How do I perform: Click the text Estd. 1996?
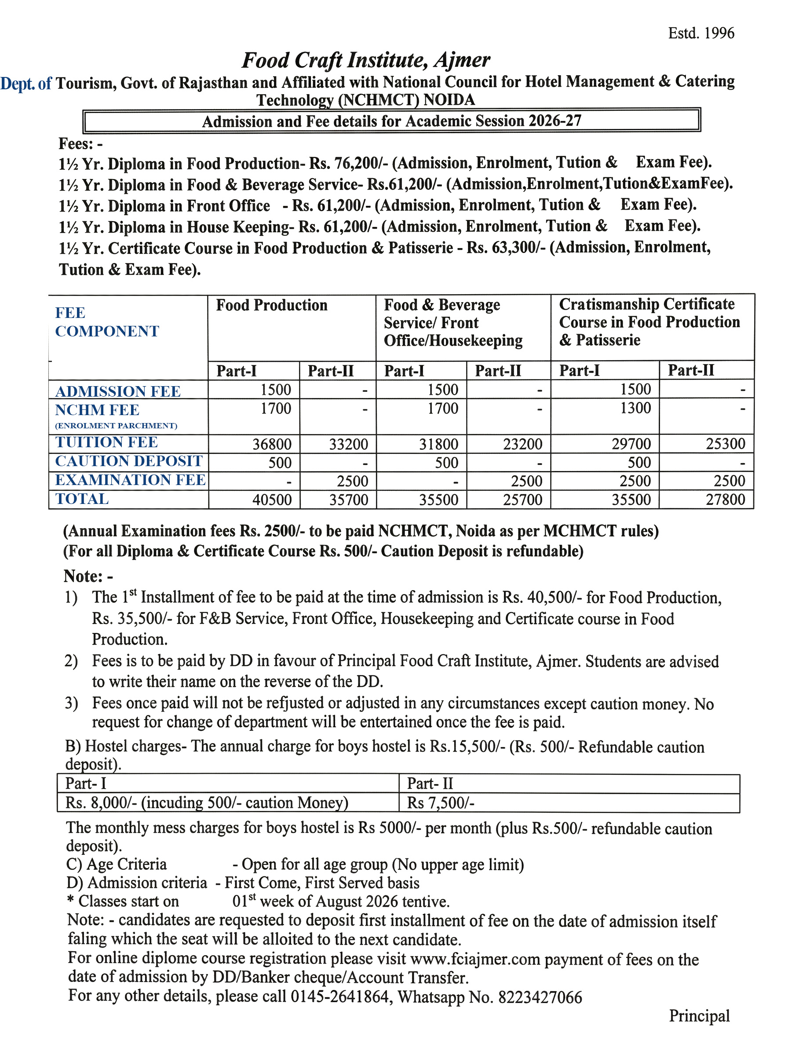pos(700,33)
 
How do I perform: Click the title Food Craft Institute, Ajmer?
pos(366,60)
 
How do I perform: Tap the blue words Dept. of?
pos(26,84)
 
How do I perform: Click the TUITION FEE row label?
pos(106,442)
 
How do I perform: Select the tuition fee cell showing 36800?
pos(271,444)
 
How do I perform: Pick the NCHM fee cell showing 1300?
pos(635,408)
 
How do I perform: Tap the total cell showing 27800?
pos(725,500)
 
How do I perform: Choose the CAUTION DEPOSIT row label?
pos(129,461)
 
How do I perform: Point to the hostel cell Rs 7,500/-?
pos(440,803)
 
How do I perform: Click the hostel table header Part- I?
pos(85,784)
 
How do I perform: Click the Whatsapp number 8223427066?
pos(540,997)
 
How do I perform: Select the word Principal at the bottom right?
pos(699,1016)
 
